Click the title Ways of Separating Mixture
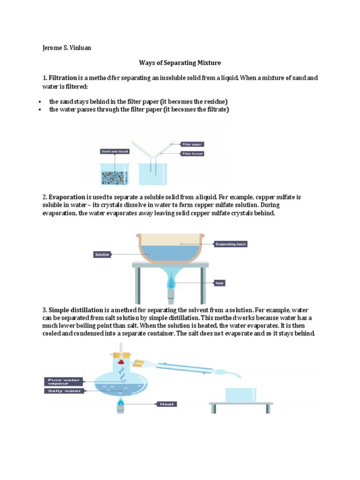coord(180,62)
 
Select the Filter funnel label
coord(193,153)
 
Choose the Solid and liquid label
coord(114,151)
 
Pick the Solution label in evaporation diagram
coord(102,255)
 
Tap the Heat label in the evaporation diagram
coord(219,283)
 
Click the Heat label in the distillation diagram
coord(167,404)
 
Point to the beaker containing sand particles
coord(114,174)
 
